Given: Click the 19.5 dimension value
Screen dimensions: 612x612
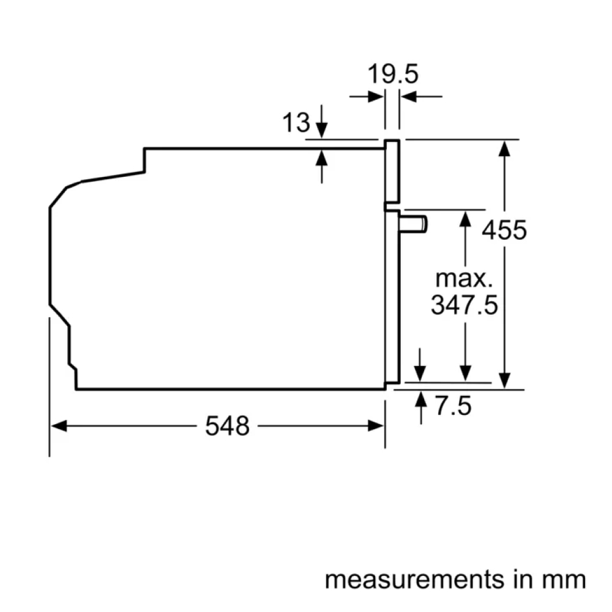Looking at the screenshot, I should point(392,74).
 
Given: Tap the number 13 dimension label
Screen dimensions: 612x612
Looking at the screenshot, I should point(296,124).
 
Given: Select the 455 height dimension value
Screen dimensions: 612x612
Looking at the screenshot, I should point(504,231).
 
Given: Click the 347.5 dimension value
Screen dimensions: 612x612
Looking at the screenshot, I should point(464,304).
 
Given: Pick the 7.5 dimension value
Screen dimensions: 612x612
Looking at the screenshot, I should point(453,406).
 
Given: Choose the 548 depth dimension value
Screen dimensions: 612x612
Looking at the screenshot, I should point(227,426).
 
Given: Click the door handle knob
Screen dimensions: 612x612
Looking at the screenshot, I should point(414,224).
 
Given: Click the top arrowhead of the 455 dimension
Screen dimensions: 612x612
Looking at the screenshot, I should point(504,147).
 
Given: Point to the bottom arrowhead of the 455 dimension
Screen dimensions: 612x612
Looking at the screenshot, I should point(504,381).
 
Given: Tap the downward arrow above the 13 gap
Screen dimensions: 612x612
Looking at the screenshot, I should point(322,130).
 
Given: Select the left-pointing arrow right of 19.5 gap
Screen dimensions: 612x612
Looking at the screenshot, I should point(408,96).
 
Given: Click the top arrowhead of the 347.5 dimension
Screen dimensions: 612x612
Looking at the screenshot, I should point(466,218).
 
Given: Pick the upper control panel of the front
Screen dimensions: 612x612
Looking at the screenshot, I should point(392,171).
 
